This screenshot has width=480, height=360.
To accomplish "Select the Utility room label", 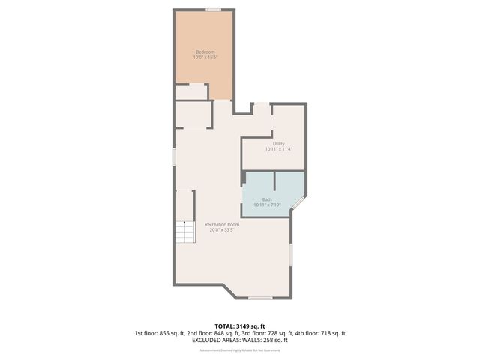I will click(x=278, y=143).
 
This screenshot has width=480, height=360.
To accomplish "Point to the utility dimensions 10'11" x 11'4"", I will click(x=278, y=149).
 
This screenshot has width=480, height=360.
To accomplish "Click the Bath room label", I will click(x=267, y=199).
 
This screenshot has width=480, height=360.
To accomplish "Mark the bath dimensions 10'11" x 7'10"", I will click(x=267, y=205).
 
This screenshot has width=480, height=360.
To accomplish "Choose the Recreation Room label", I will click(x=222, y=225).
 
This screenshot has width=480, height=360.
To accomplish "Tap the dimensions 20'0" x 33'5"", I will click(x=222, y=231).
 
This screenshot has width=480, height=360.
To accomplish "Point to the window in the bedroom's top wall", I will click(x=214, y=10).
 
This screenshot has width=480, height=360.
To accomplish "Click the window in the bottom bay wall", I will click(x=259, y=298).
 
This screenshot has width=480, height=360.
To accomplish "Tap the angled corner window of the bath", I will click(x=298, y=203).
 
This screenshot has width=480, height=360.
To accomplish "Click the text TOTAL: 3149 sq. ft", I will click(x=239, y=326).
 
